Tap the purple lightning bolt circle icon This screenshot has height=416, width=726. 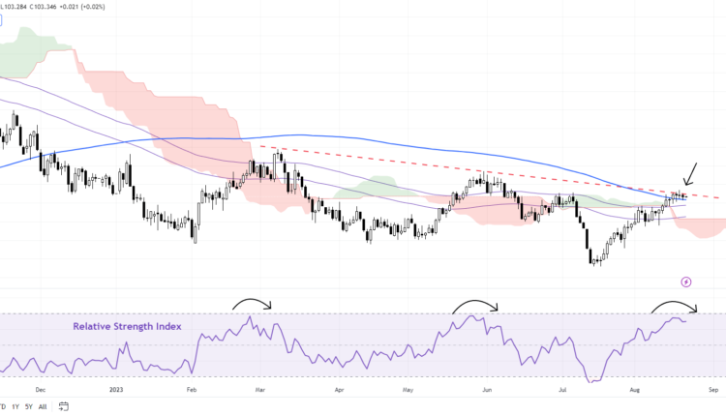point(686,282)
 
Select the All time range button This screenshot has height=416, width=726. point(43,406)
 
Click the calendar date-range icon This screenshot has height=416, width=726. point(63,406)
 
